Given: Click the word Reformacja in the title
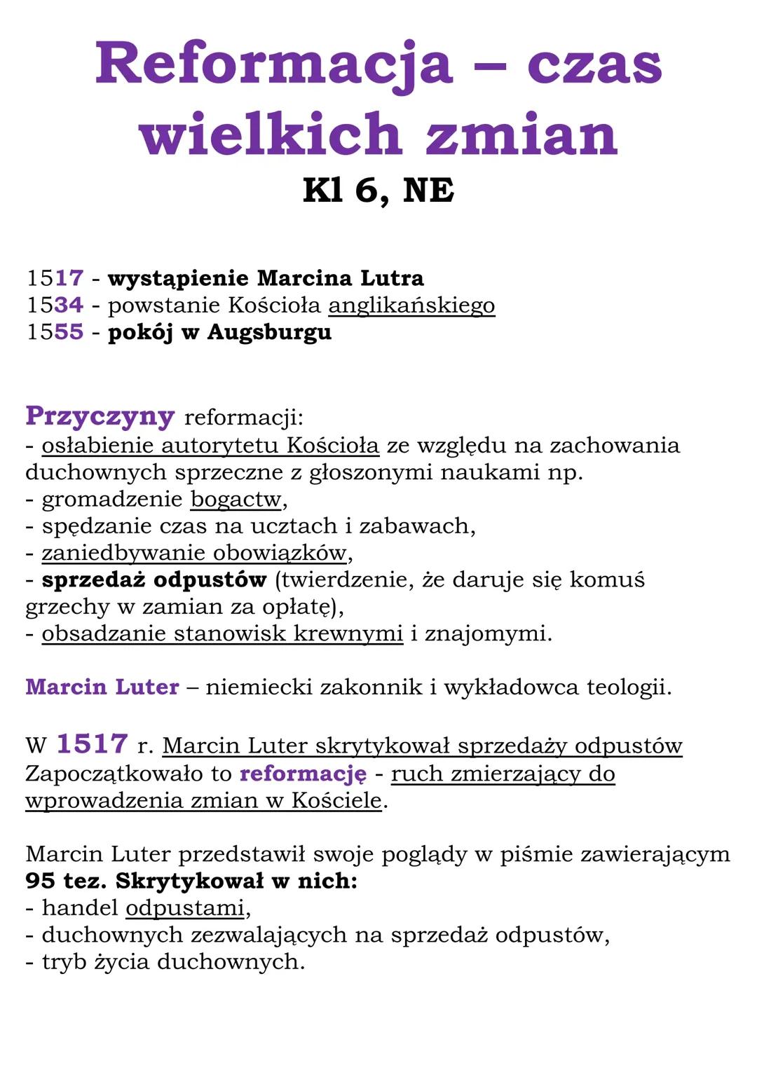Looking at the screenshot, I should coord(274,64).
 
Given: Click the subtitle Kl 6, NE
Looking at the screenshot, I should coord(378,190).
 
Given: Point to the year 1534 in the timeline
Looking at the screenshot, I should coord(55,306).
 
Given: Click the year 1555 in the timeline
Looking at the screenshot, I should coord(55,332).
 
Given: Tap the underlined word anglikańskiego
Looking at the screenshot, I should coord(411,306).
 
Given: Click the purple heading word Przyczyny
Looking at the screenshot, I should coord(100,416).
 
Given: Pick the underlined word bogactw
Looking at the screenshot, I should coord(236,500).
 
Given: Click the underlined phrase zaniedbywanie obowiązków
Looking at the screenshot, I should coord(194,553).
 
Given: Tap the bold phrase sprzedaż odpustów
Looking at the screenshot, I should coord(154,580).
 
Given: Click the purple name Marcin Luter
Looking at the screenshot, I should coord(102,687).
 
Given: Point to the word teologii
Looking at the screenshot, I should coord(629,687).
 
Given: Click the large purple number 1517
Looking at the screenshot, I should coord(92,744).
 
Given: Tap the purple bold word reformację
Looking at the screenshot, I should coord(303,774).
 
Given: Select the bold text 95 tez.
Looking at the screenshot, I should coord(65,881).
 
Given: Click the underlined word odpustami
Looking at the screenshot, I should coord(185,908).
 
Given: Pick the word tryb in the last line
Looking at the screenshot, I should coord(64,962).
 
